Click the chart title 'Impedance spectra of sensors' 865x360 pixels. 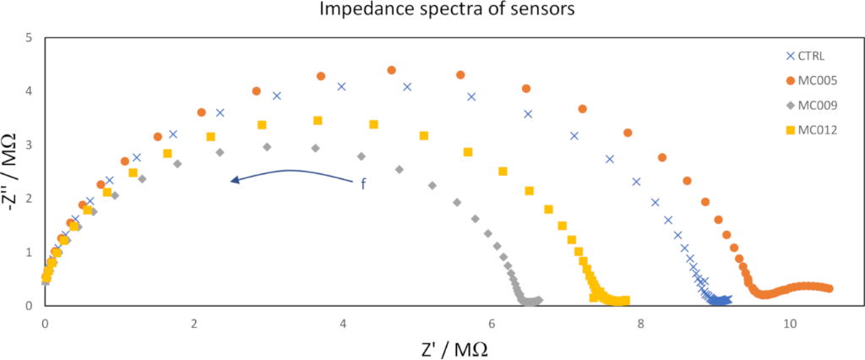click(432, 12)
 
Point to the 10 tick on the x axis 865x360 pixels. click(791, 324)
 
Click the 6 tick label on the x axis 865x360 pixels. click(492, 324)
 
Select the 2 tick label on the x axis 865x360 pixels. click(194, 324)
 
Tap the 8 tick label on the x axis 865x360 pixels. click(641, 324)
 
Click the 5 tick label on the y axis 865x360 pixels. click(29, 38)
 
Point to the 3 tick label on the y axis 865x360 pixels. click(29, 145)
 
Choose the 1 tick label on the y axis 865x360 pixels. click(29, 252)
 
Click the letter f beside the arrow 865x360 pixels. click(363, 183)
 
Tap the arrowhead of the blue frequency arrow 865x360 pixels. click(234, 179)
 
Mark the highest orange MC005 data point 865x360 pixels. click(391, 70)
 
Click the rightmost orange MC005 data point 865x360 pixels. click(829, 289)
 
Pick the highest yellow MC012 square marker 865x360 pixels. click(318, 121)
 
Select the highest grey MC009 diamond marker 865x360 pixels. click(267, 147)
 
